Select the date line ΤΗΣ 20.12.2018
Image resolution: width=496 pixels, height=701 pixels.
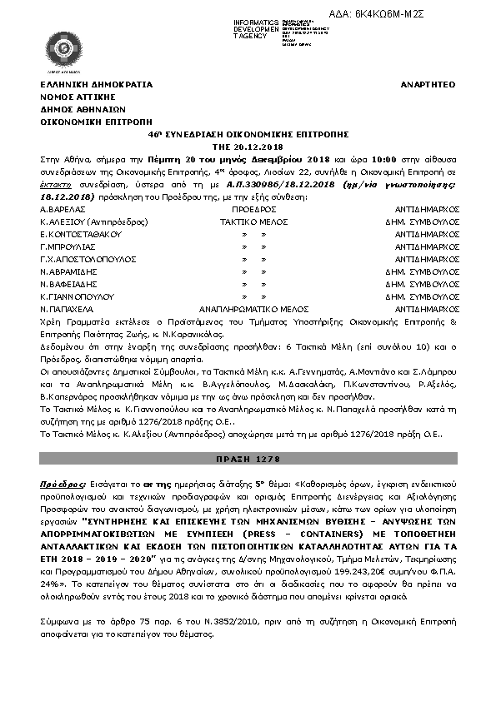click(248, 145)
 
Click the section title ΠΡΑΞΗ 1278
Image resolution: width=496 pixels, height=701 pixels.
click(248, 460)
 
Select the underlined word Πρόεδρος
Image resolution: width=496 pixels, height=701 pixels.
click(62, 483)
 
